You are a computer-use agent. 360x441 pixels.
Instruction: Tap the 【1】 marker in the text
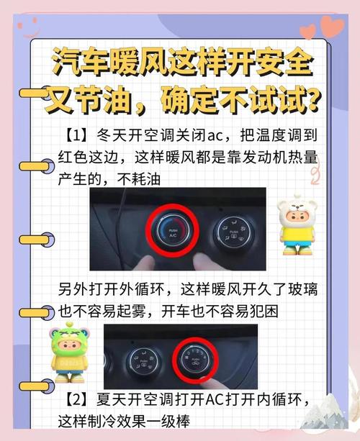pyautogui.click(x=76, y=135)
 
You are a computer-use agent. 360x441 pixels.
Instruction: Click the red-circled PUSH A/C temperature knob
pyautogui.click(x=173, y=231)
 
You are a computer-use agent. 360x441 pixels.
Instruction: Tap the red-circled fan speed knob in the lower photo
pyautogui.click(x=195, y=360)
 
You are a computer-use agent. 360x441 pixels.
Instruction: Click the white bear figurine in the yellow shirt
pyautogui.click(x=297, y=224)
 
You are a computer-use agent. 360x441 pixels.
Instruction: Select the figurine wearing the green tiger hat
pyautogui.click(x=68, y=353)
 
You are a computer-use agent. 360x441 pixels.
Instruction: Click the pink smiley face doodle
pyautogui.click(x=30, y=27)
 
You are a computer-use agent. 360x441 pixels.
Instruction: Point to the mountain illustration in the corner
pyautogui.click(x=325, y=412)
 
